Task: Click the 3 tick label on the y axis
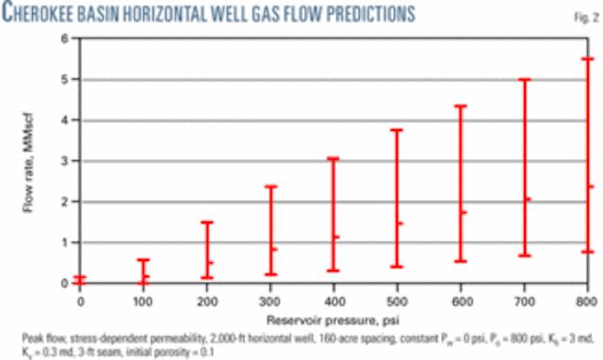[x=66, y=161]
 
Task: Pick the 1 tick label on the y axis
[x=66, y=242]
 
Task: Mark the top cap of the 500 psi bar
[x=397, y=130]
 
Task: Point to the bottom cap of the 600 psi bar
[x=461, y=261]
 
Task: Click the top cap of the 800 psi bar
[x=587, y=59]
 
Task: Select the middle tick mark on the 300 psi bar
[x=273, y=249]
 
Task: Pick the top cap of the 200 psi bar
[x=206, y=222]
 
